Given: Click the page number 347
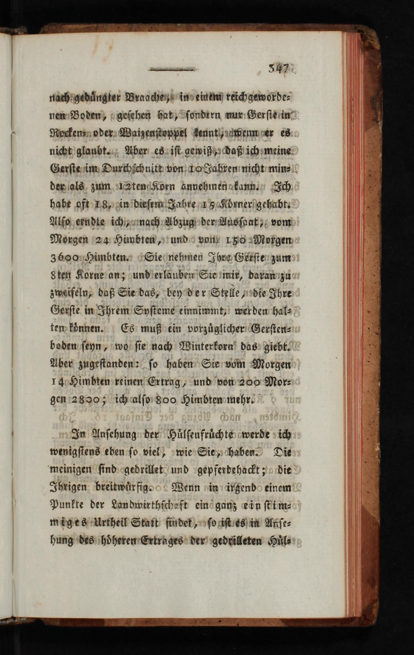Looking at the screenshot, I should (279, 70).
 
